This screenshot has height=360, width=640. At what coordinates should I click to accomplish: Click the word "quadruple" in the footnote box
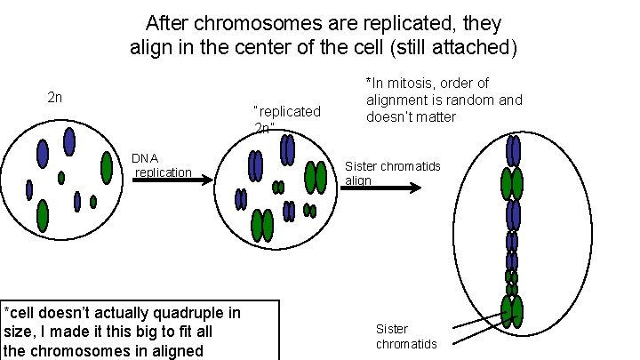pos(189,312)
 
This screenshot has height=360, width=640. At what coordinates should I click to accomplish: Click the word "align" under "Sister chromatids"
pos(358,180)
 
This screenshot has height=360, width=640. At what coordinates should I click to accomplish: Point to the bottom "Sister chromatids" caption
pos(406,337)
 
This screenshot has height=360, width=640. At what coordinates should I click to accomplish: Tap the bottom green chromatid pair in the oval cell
pos(512,311)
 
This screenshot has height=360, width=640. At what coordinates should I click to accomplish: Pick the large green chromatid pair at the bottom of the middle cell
pos(262,225)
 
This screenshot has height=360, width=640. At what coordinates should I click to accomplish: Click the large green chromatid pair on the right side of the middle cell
pos(316,177)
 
